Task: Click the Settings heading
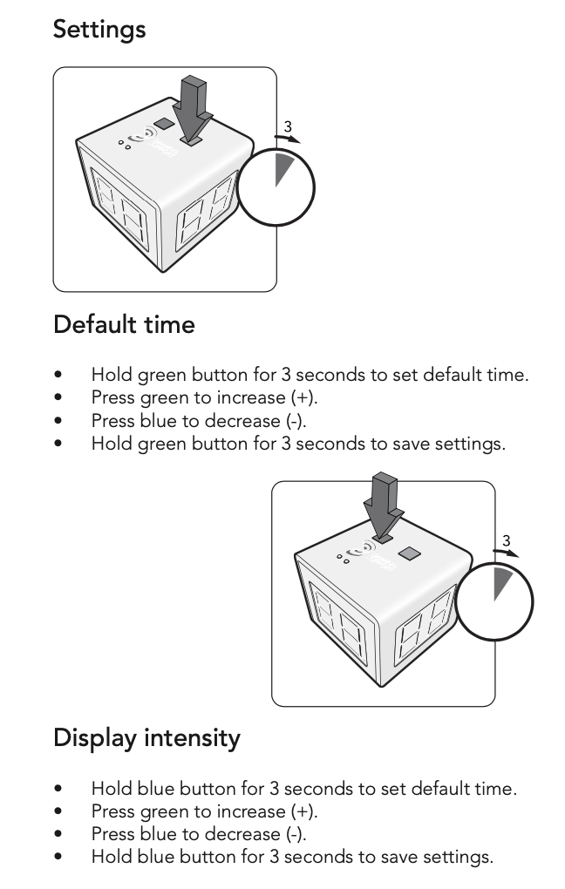coord(99,30)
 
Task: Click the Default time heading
coord(124,325)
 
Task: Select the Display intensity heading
coord(146,738)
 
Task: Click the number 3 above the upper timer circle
coord(288,126)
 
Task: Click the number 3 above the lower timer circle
coord(506,540)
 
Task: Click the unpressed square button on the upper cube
coord(161,126)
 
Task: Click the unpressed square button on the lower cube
coord(408,553)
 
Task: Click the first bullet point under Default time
coord(58,376)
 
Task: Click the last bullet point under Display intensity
coord(58,857)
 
